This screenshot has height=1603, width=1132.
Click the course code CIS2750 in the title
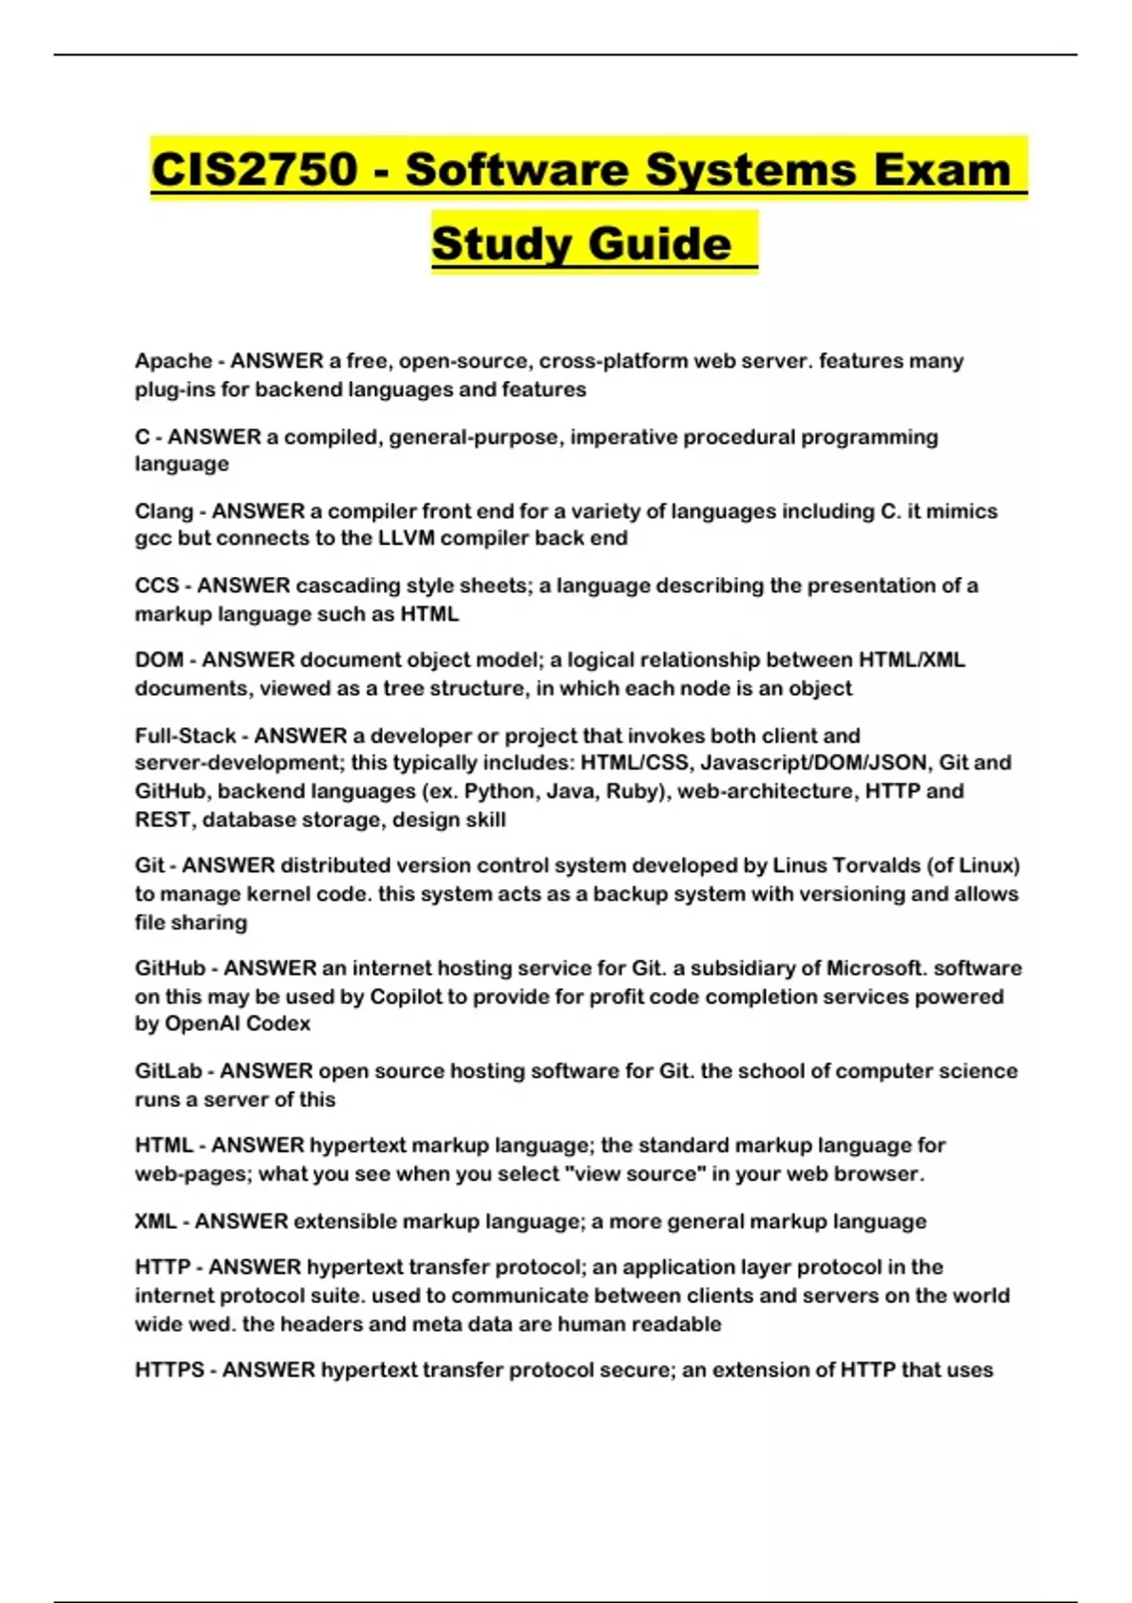255,170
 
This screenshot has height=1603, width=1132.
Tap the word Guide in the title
660,243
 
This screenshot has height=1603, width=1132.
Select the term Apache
174,361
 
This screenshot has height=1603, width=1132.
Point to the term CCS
157,586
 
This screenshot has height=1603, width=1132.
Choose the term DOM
158,660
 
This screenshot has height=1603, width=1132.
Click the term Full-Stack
185,735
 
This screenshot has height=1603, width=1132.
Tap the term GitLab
168,1071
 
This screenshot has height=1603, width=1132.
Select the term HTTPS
169,1370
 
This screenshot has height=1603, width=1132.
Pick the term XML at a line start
156,1221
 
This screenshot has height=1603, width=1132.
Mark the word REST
162,819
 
